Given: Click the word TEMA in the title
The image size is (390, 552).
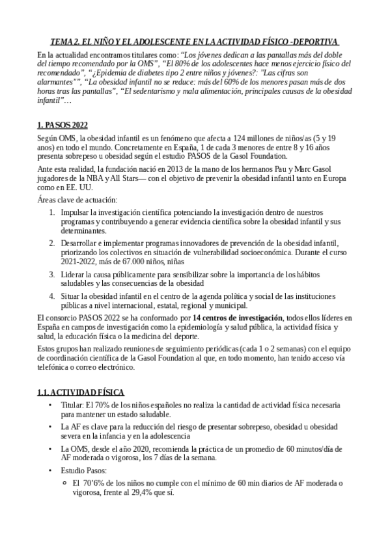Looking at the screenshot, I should [x=63, y=41].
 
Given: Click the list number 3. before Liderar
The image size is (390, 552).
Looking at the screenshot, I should [x=53, y=275].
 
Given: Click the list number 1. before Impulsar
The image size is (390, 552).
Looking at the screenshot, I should [x=53, y=213].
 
